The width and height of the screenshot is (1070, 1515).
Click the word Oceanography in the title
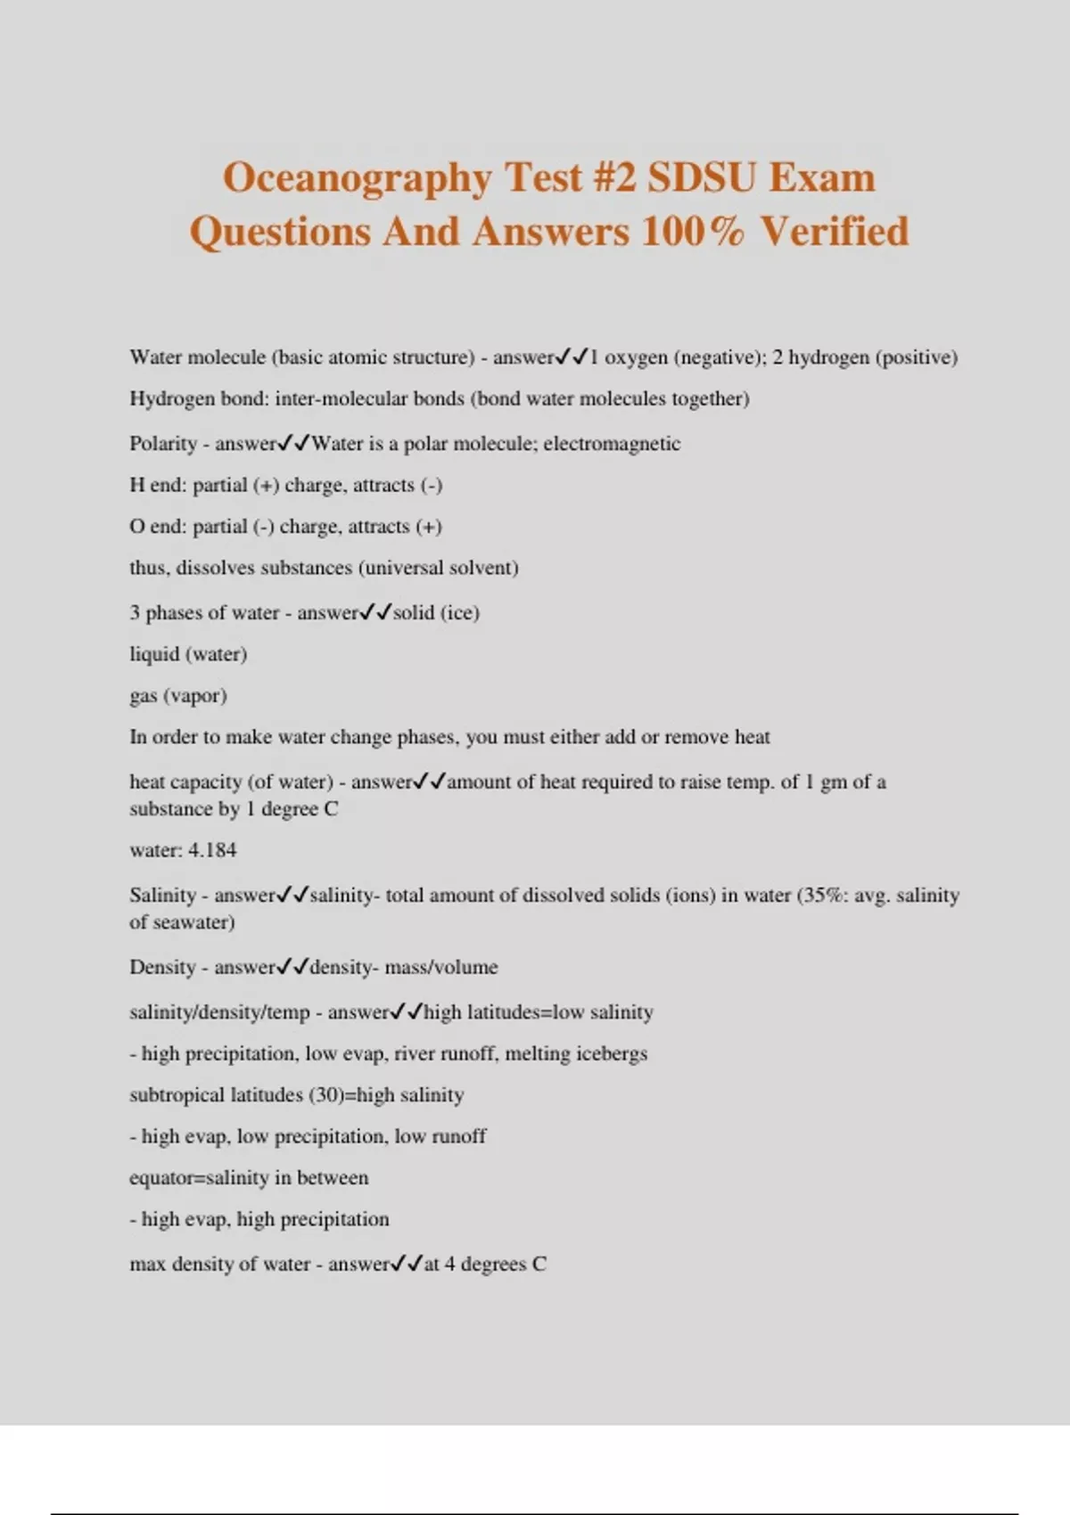357,178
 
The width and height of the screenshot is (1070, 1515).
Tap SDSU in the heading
701,177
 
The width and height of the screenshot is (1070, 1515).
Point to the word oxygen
636,357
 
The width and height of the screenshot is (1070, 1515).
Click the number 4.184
212,850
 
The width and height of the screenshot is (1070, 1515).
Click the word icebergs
612,1053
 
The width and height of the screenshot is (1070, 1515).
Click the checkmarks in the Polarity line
294,443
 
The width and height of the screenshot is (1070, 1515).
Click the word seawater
193,922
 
